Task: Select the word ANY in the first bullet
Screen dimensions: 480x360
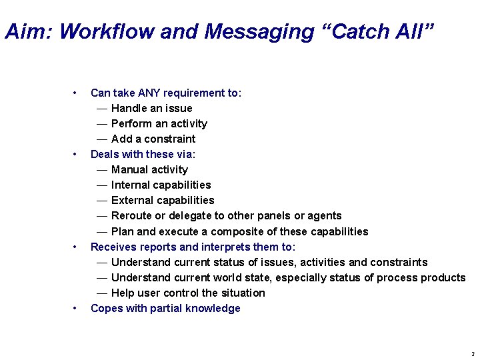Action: click(x=149, y=93)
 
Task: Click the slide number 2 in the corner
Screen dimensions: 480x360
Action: click(x=472, y=353)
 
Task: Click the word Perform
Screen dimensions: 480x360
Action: click(x=129, y=123)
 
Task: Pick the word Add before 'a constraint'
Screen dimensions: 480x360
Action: click(x=121, y=139)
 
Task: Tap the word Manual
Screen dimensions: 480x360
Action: click(x=129, y=169)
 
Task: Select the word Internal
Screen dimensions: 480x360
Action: click(x=130, y=185)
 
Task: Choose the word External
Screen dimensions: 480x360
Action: click(x=131, y=200)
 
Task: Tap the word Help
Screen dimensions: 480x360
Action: click(x=122, y=293)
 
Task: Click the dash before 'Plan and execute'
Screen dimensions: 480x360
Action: click(x=101, y=231)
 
